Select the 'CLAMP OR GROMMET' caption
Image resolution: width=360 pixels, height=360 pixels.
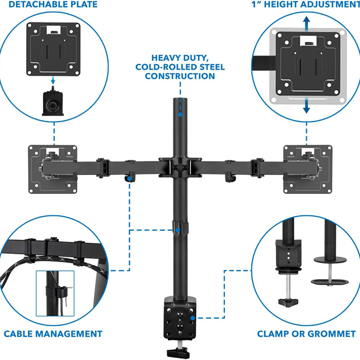tap(306, 334)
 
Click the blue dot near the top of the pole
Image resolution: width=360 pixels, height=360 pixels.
tap(180, 114)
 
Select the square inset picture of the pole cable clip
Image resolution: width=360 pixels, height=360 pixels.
tap(55, 293)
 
